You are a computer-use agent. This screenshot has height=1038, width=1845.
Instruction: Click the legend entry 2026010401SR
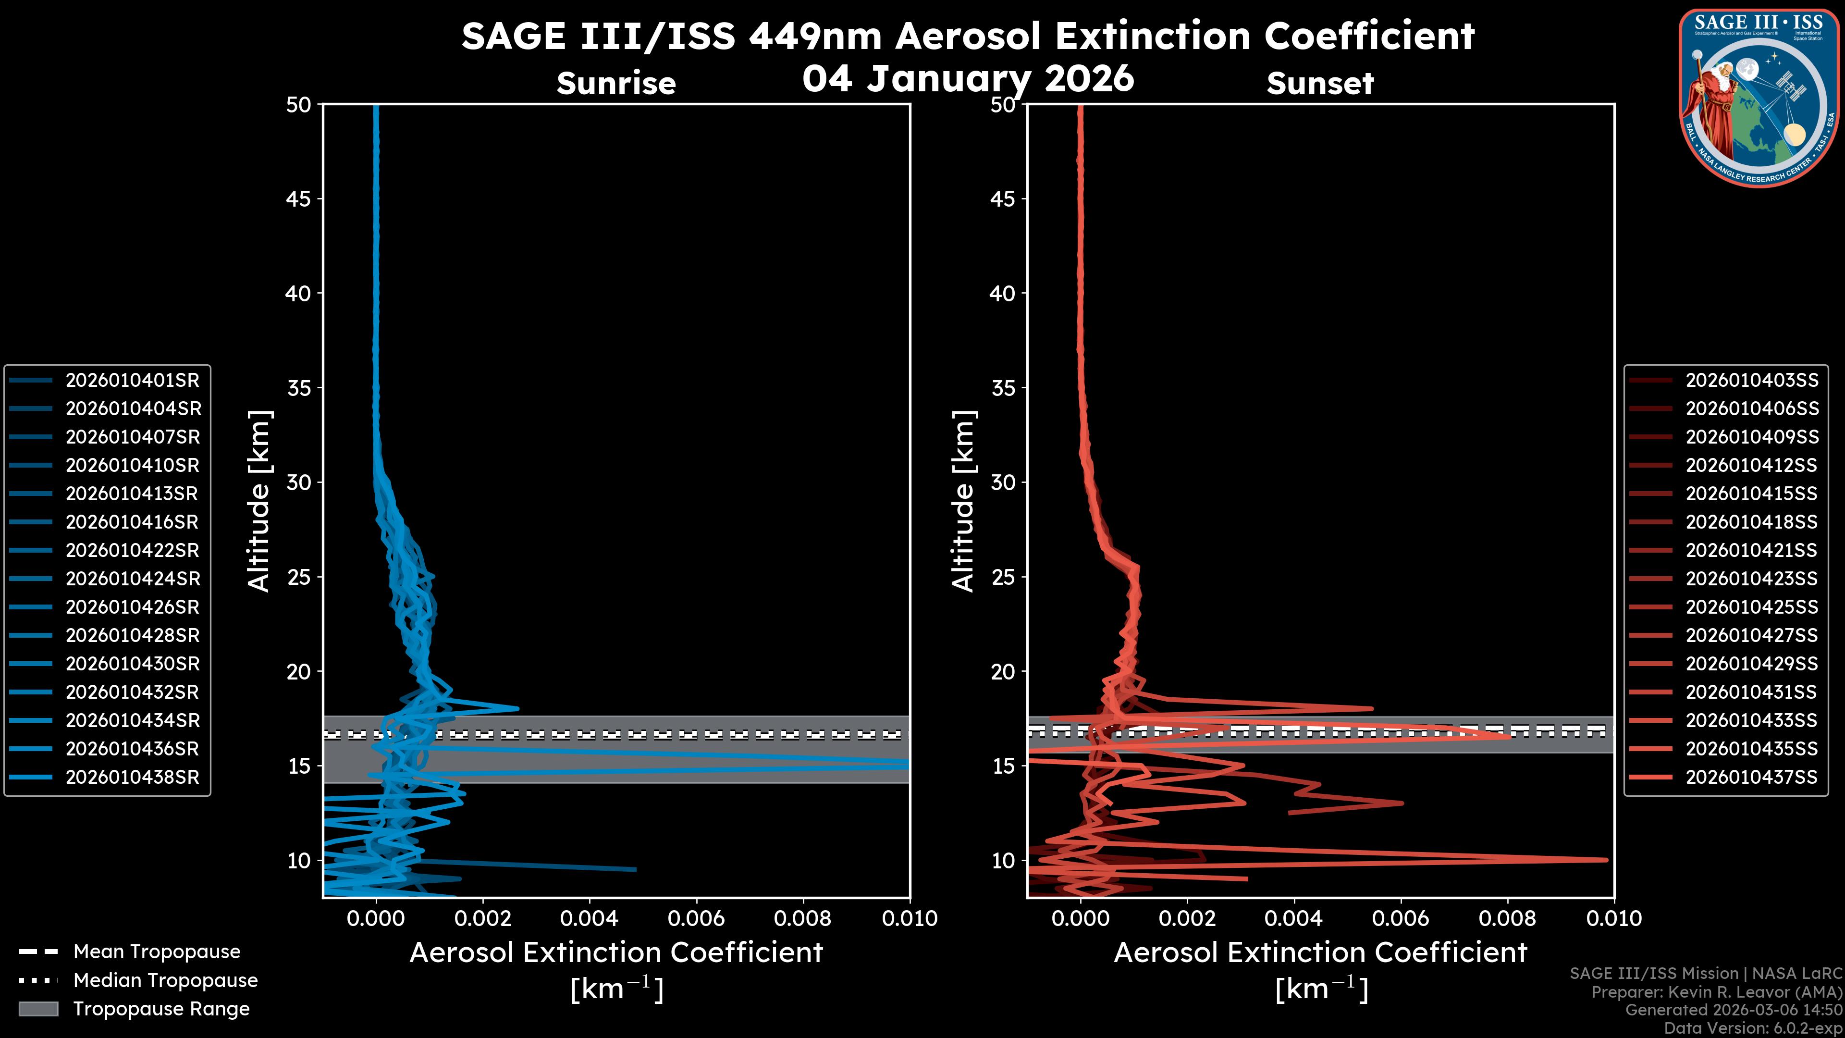(132, 381)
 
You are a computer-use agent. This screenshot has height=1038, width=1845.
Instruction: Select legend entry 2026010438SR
(132, 777)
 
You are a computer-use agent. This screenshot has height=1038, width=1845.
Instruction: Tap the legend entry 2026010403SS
(1751, 381)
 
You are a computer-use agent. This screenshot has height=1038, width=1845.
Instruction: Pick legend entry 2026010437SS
(1751, 777)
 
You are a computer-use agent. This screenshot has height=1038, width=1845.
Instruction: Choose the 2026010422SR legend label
(132, 550)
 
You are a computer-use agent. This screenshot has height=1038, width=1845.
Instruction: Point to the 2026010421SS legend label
(1751, 550)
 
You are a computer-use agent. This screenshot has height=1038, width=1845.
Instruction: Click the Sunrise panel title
(616, 84)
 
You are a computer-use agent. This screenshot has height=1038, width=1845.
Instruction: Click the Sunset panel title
(1320, 84)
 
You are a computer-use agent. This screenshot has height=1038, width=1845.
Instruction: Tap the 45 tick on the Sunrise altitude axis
(298, 198)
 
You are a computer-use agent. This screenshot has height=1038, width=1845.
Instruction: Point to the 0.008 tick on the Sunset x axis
(1508, 918)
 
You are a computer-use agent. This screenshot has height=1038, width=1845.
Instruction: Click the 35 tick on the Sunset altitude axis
(1003, 387)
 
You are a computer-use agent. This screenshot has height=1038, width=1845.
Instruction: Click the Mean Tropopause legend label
(156, 952)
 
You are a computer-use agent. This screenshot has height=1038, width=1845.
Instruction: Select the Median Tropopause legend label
(165, 981)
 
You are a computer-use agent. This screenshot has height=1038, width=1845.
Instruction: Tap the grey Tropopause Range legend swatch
(38, 1009)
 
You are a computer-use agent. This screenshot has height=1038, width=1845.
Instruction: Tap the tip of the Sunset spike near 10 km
(1607, 860)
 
